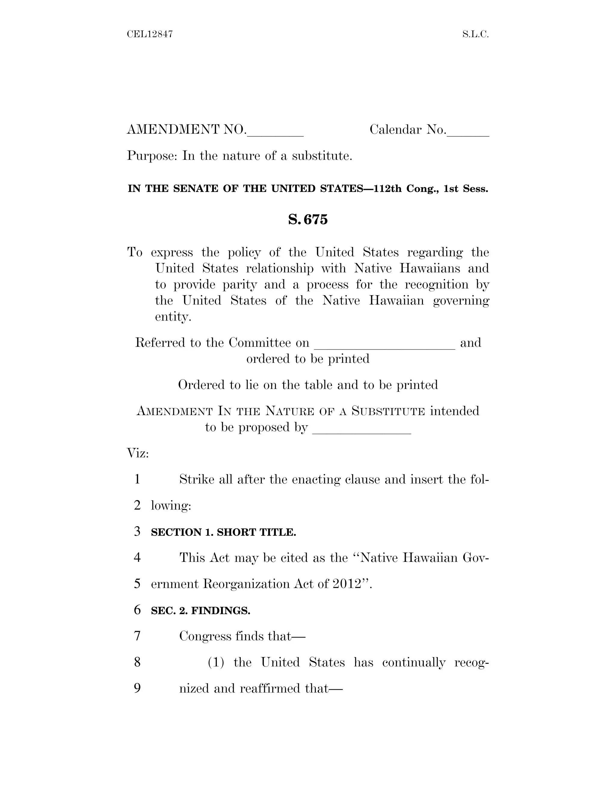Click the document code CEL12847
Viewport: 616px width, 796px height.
click(x=149, y=34)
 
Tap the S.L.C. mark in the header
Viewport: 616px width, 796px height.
click(x=475, y=34)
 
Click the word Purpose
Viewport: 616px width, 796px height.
click(x=152, y=156)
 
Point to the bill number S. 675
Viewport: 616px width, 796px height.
click(x=308, y=219)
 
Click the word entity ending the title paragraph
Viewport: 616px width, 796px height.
click(x=173, y=316)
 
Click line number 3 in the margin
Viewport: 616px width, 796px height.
click(x=137, y=531)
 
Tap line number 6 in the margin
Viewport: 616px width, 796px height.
click(x=137, y=610)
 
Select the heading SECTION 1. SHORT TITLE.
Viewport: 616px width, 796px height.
click(x=223, y=532)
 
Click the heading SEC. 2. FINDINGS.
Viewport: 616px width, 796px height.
click(x=200, y=610)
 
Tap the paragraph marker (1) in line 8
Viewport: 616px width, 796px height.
click(x=216, y=662)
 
